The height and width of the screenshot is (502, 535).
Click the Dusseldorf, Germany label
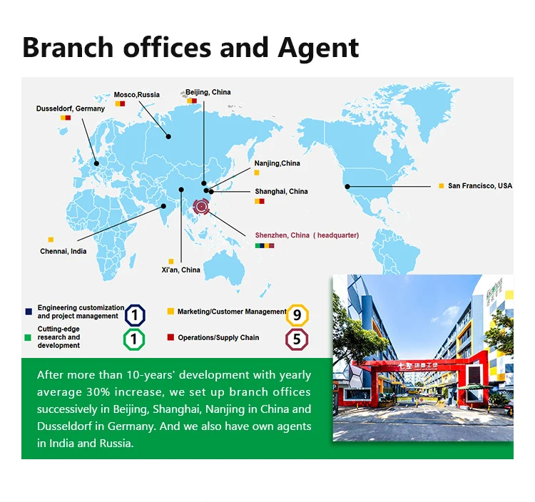pos(71,108)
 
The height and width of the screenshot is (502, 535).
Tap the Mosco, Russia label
pos(136,94)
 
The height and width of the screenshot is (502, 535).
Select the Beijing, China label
pos(208,92)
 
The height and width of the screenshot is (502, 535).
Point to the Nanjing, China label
pos(277,163)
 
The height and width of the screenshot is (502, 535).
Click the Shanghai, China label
pos(281,191)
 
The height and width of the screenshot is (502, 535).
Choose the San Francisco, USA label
pos(480,185)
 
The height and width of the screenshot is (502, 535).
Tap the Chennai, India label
pos(63,251)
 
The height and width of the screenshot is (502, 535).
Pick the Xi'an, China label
pos(181,270)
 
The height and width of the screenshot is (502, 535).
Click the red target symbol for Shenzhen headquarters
pos(201,206)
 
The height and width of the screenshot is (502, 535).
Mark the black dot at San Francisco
pos(347,187)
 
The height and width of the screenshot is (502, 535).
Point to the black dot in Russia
pos(168,136)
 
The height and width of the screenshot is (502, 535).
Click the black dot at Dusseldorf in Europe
pos(96,163)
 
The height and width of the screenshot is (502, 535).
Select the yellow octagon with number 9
pos(297,314)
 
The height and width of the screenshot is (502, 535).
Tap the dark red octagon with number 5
pos(297,339)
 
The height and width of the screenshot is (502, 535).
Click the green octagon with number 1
pos(134,339)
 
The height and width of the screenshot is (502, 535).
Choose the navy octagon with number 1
pos(135,315)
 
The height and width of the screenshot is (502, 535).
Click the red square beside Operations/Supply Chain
pos(170,337)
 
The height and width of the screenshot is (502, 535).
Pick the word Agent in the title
pos(318,48)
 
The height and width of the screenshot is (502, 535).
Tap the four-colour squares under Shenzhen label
pos(265,245)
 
